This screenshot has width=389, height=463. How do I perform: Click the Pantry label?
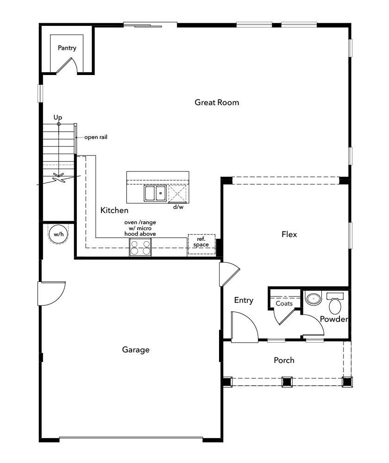[x=67, y=48]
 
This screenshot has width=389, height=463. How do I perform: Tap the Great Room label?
[x=217, y=102]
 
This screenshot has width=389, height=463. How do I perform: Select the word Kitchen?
[x=114, y=210]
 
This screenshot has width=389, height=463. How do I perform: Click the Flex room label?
[x=289, y=234]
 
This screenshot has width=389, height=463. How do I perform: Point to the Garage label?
[x=136, y=350]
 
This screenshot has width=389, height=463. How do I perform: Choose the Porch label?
[x=284, y=360]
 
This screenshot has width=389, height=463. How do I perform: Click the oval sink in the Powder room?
[x=314, y=299]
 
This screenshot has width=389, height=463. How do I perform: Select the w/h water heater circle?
[x=58, y=235]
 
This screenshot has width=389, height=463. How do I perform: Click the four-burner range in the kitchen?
[x=140, y=248]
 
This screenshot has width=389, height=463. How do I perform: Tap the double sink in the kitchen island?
[x=155, y=193]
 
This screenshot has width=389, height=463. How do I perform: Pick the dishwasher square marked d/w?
[x=178, y=194]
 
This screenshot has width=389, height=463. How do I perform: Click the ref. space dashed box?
[x=201, y=244]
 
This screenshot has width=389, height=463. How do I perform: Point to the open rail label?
[x=96, y=137]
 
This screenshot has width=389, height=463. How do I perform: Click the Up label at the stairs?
[x=57, y=118]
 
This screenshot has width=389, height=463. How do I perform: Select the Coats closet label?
[x=284, y=303]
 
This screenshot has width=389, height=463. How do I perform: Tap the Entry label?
[x=244, y=300]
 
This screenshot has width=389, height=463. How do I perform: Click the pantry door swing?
[x=66, y=66]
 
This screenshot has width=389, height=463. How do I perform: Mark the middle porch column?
[x=287, y=382]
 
